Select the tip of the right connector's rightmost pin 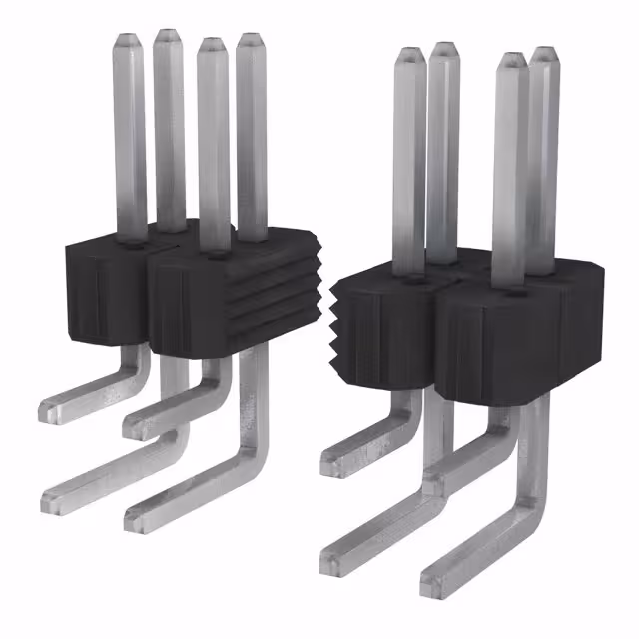tap(543, 52)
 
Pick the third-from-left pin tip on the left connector tap(212, 45)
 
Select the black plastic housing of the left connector tap(190, 295)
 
